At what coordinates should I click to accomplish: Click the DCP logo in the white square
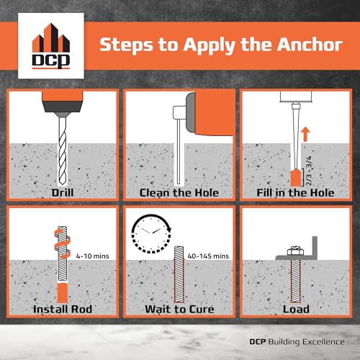pyautogui.click(x=51, y=46)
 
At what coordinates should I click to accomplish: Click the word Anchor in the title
pyautogui.click(x=310, y=45)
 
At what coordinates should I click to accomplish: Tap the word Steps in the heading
pyautogui.click(x=126, y=45)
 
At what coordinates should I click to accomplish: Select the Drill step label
pyautogui.click(x=63, y=192)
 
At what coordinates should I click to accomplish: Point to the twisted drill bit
pyautogui.click(x=63, y=151)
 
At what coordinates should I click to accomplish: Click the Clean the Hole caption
pyautogui.click(x=179, y=193)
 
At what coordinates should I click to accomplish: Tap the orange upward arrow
pyautogui.click(x=305, y=135)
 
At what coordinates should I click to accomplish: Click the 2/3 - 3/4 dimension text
pyautogui.click(x=309, y=171)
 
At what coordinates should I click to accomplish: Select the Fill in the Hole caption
pyautogui.click(x=295, y=193)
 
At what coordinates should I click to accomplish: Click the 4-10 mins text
pyautogui.click(x=92, y=256)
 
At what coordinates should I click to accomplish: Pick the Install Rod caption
pyautogui.click(x=63, y=309)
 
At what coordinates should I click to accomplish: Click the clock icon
pyautogui.click(x=151, y=233)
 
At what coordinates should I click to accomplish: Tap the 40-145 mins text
pyautogui.click(x=208, y=256)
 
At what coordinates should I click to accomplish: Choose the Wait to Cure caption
pyautogui.click(x=179, y=309)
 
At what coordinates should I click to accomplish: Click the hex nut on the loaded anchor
pyautogui.click(x=295, y=251)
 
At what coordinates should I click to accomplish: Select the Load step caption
pyautogui.click(x=296, y=309)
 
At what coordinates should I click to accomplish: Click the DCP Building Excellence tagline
pyautogui.click(x=297, y=342)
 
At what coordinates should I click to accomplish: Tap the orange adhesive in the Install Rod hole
pyautogui.click(x=63, y=293)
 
